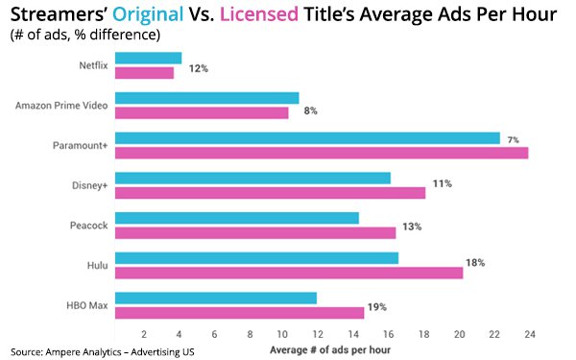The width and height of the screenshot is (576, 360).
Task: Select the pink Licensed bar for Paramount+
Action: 321,152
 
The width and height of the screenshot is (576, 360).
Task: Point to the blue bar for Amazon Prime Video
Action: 205,98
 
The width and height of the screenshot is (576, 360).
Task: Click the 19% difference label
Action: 377,307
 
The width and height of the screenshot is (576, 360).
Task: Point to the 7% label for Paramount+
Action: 514,140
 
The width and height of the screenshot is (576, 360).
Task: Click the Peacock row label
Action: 89,225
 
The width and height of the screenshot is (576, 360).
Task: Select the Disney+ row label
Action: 89,185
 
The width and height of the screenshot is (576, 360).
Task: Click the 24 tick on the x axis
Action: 529,333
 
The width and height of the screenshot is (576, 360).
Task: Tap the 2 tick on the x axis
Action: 144,333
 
